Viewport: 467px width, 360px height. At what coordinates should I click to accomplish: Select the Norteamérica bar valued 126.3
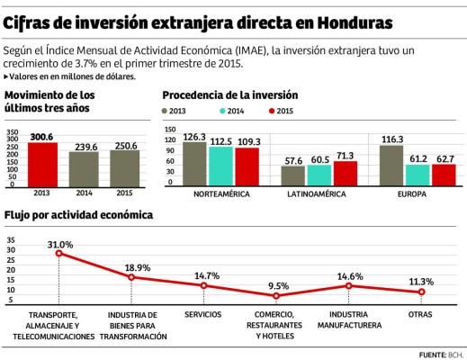194,163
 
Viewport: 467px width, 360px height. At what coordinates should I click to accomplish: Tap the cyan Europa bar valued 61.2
418,174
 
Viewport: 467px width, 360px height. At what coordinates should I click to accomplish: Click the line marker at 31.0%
59,253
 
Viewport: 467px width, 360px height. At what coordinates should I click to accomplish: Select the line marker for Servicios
203,285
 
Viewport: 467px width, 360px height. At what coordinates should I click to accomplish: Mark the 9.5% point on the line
276,296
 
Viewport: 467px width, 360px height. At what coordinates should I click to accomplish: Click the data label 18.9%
137,267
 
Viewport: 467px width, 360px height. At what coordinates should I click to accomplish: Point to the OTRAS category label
420,315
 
